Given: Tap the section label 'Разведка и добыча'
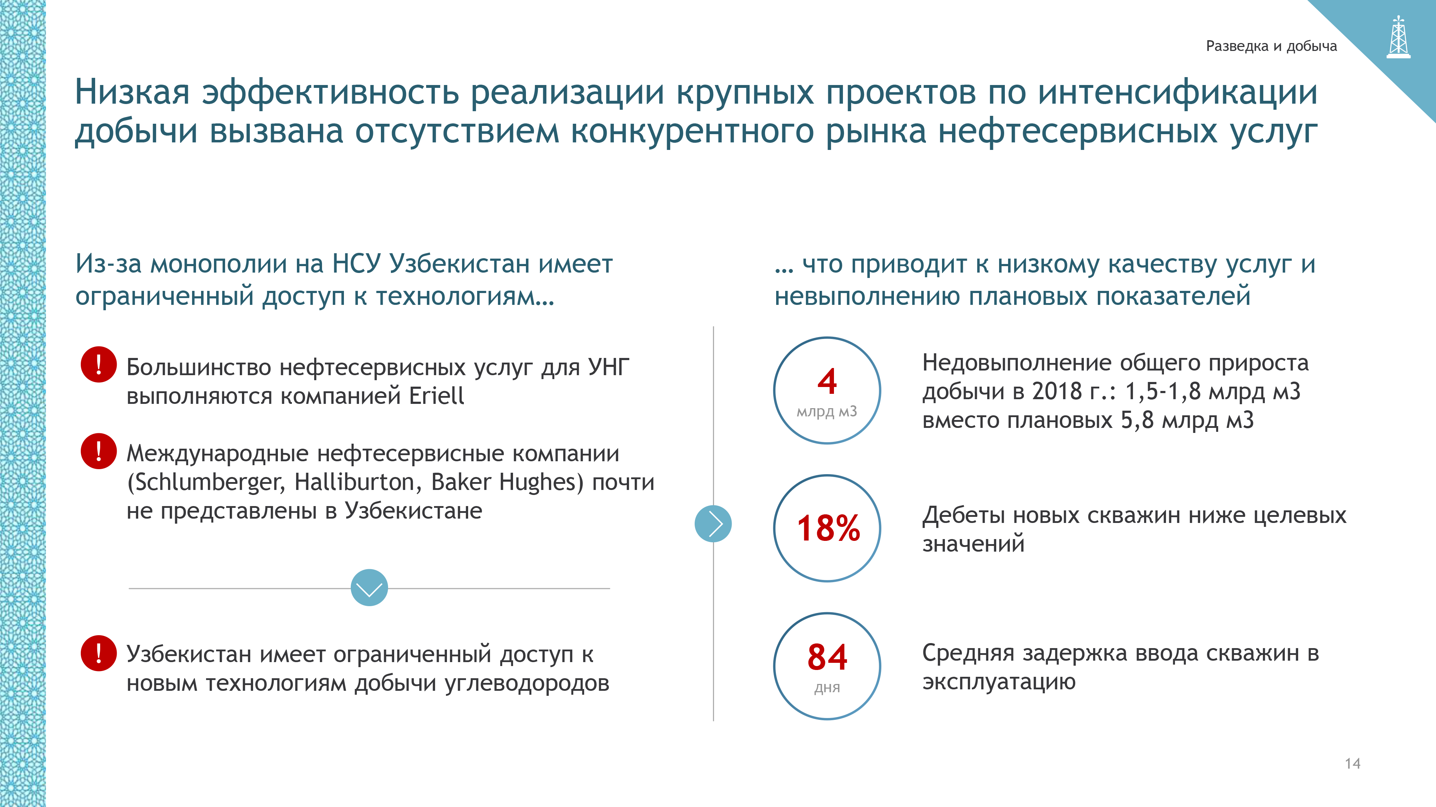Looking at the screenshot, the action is (1271, 46).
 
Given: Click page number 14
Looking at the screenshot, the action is (1352, 764).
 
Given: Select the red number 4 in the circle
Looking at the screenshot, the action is (827, 382).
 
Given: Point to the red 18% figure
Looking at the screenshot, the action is (828, 528).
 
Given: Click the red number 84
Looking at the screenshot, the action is (827, 657).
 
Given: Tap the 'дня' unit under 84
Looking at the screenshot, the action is (827, 688).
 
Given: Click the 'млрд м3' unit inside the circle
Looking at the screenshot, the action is (827, 412).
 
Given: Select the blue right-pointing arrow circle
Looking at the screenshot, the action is (713, 524).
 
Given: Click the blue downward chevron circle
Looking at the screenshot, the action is (369, 587).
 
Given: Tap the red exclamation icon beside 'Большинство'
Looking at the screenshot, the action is (99, 364).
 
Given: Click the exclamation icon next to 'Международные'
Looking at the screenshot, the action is (99, 451).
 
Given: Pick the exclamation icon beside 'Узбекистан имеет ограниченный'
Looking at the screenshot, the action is (99, 653).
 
